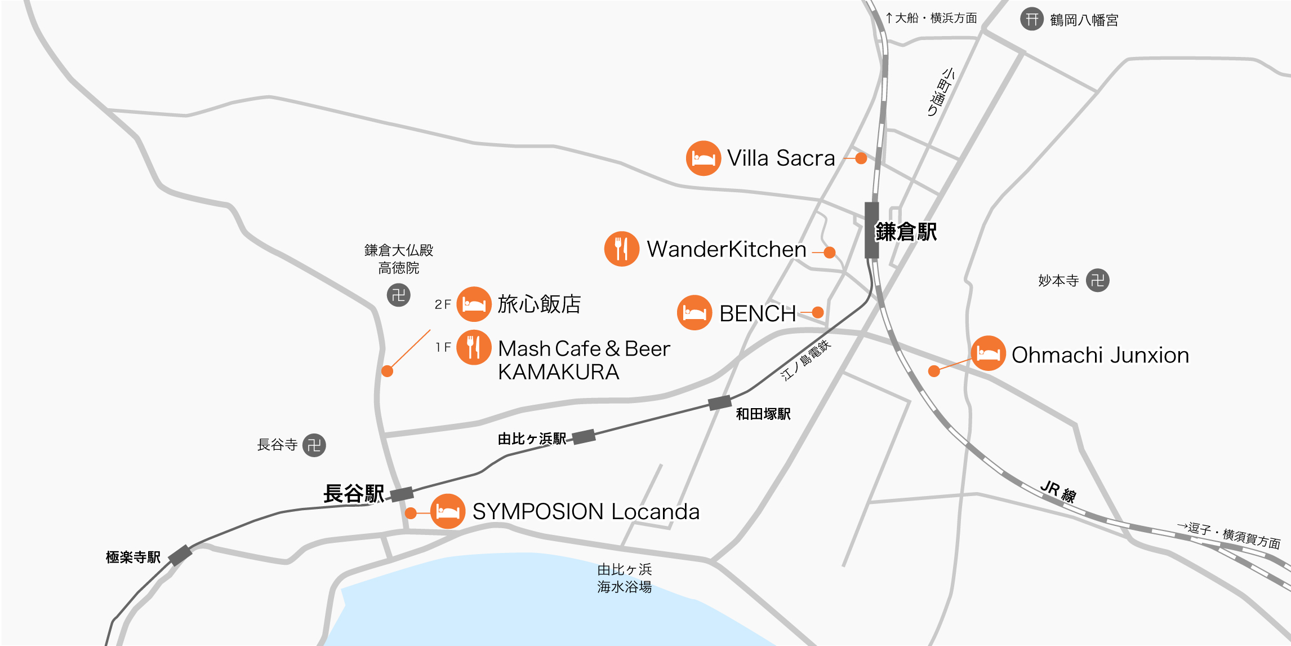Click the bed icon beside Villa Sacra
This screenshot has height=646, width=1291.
703,158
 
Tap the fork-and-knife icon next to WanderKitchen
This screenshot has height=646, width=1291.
621,249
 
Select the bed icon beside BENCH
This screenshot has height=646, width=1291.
695,312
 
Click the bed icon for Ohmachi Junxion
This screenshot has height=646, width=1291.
988,353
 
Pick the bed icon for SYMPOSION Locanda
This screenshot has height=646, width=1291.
448,511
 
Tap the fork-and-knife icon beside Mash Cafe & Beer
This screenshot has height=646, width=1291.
474,347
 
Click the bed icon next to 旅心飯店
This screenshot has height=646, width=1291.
474,304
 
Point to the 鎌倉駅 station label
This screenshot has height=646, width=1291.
906,232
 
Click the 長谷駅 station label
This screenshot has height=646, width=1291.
354,494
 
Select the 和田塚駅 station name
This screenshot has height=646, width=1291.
763,414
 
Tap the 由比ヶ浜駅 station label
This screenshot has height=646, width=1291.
532,439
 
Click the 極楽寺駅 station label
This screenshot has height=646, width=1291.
133,557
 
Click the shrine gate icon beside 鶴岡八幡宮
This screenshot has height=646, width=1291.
1032,19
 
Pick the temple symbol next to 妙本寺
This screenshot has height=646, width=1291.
1097,280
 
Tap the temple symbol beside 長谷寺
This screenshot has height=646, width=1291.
314,445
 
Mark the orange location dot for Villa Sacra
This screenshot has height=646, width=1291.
861,158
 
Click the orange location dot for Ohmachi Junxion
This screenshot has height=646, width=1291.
934,371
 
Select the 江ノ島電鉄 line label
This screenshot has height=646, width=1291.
805,361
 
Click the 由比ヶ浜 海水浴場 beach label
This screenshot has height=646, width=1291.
624,578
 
